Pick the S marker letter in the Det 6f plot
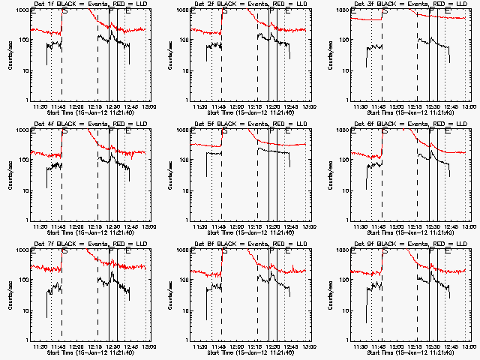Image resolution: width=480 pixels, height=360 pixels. tap(384, 131)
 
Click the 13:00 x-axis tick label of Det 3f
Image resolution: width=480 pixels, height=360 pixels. tap(468, 106)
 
